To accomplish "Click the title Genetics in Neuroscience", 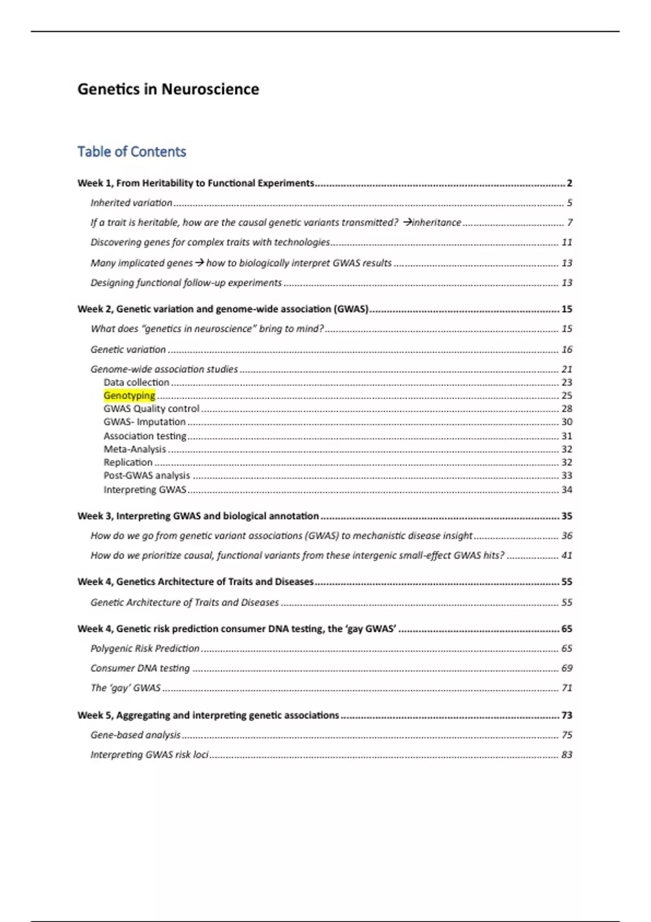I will point(168,89).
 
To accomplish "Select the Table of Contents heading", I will point(132,152).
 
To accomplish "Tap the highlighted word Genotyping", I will point(129,395).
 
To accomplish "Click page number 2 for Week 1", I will point(569,183).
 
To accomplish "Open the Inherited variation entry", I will point(131,203).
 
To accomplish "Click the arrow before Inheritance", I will point(408,222).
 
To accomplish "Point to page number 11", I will point(566,242).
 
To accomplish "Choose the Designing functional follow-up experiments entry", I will point(186,283).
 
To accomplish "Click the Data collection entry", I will point(136,382).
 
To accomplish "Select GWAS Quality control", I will point(151,408).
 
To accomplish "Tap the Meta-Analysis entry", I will point(135,449).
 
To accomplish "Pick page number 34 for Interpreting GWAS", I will point(566,490).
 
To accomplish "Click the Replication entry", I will point(128,462).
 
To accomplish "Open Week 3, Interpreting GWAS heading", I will point(198,516).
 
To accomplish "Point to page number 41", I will point(566,555).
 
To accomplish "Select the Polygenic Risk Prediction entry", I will point(145,648).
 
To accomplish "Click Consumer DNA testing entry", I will point(140,668).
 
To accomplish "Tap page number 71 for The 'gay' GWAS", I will point(566,688).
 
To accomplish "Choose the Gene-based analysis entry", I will point(135,735).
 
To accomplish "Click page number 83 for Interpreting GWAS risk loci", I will point(566,754).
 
